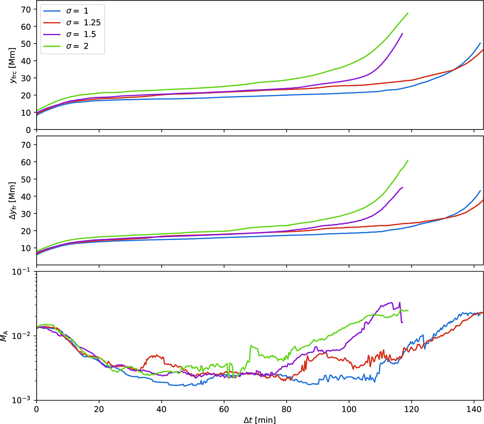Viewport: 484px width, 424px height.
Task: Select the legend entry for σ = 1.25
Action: click(83, 23)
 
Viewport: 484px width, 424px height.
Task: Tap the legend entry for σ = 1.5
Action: click(81, 34)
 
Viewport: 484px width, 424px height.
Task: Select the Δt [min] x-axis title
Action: click(260, 420)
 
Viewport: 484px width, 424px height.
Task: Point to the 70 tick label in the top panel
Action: click(26, 9)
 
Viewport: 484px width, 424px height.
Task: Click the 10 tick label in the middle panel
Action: click(26, 248)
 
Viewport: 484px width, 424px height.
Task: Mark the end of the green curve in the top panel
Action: click(408, 13)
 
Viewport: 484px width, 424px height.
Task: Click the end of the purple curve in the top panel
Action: click(403, 33)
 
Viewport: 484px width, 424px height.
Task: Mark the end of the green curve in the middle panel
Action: click(408, 160)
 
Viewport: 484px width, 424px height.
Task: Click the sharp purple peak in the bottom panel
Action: click(399, 302)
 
